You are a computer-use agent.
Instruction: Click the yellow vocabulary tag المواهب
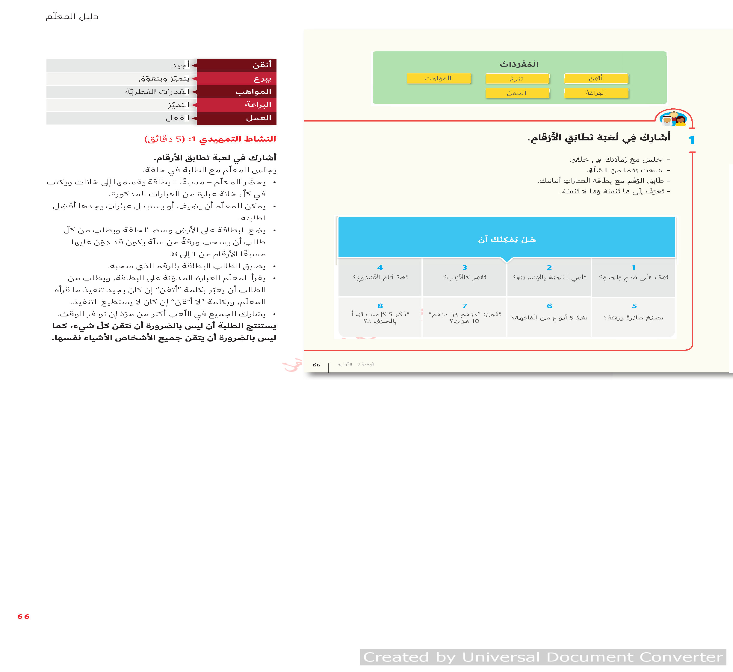439,78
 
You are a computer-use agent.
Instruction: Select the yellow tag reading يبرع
517,78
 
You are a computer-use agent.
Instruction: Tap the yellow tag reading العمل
517,93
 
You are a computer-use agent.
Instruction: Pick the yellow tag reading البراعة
596,93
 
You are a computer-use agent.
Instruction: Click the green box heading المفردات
519,64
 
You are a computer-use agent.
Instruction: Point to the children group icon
674,119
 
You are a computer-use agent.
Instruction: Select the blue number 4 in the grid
380,268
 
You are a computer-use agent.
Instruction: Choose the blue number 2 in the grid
549,268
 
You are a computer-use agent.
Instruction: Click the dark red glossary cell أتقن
237,65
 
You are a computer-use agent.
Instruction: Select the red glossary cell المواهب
237,92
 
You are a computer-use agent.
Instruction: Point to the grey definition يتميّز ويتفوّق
164,78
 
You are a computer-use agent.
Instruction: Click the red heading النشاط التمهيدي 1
210,139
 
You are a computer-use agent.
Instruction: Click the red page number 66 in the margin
23,617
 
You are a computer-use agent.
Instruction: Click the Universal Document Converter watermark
543,657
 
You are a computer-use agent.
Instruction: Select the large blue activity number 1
691,140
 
